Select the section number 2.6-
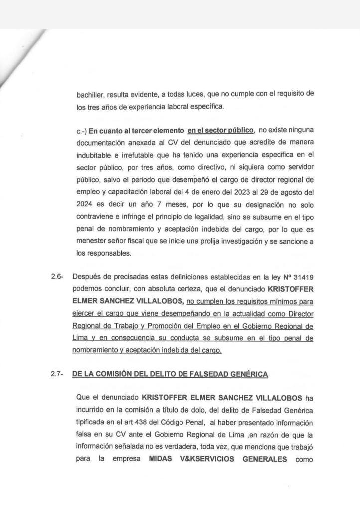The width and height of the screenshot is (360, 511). (x=57, y=277)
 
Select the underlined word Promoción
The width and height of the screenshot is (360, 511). (x=153, y=326)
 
